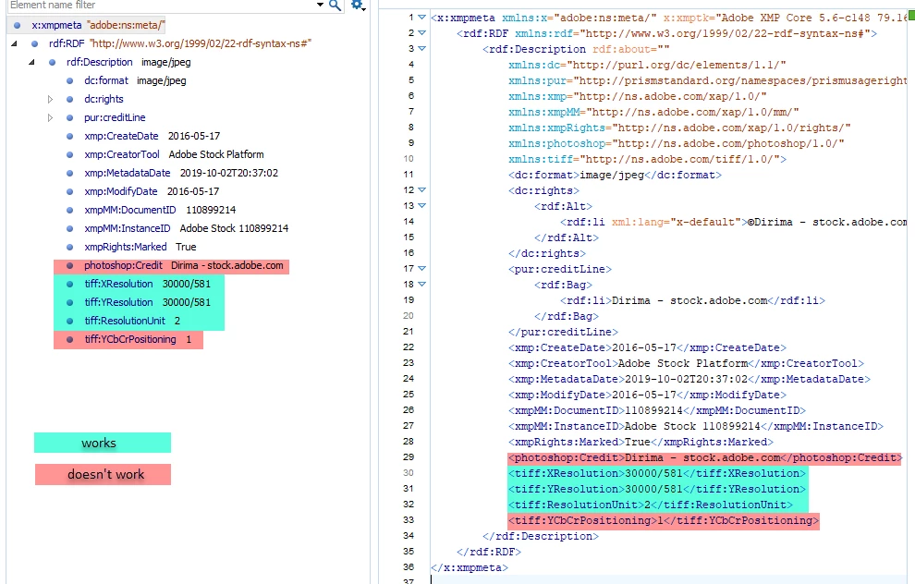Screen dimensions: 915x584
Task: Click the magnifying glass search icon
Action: (x=335, y=6)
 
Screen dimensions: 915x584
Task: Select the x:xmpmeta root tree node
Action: (x=56, y=25)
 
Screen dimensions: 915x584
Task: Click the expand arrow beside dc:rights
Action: (x=50, y=99)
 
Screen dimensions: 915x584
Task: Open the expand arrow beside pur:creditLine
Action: (x=50, y=118)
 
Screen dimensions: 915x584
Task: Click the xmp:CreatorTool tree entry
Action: (x=121, y=154)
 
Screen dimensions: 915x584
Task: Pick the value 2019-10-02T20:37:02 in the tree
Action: (x=229, y=174)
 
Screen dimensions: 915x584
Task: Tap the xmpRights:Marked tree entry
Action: (x=125, y=247)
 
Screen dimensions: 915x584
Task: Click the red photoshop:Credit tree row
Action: (x=171, y=266)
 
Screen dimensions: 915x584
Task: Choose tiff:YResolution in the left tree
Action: (x=118, y=302)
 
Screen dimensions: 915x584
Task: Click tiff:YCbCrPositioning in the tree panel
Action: (x=129, y=339)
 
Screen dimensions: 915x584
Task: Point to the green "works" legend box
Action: (x=102, y=443)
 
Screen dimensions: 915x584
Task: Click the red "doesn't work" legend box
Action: (x=103, y=474)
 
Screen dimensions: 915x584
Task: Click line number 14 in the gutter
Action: (x=409, y=222)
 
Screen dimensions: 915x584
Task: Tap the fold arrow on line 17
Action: (x=421, y=269)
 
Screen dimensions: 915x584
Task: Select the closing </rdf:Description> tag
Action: (x=541, y=536)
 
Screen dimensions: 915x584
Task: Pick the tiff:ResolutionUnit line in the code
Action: (x=650, y=505)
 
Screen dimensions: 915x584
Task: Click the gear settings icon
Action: (x=358, y=6)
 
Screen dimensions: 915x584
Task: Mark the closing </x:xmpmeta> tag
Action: (x=470, y=567)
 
